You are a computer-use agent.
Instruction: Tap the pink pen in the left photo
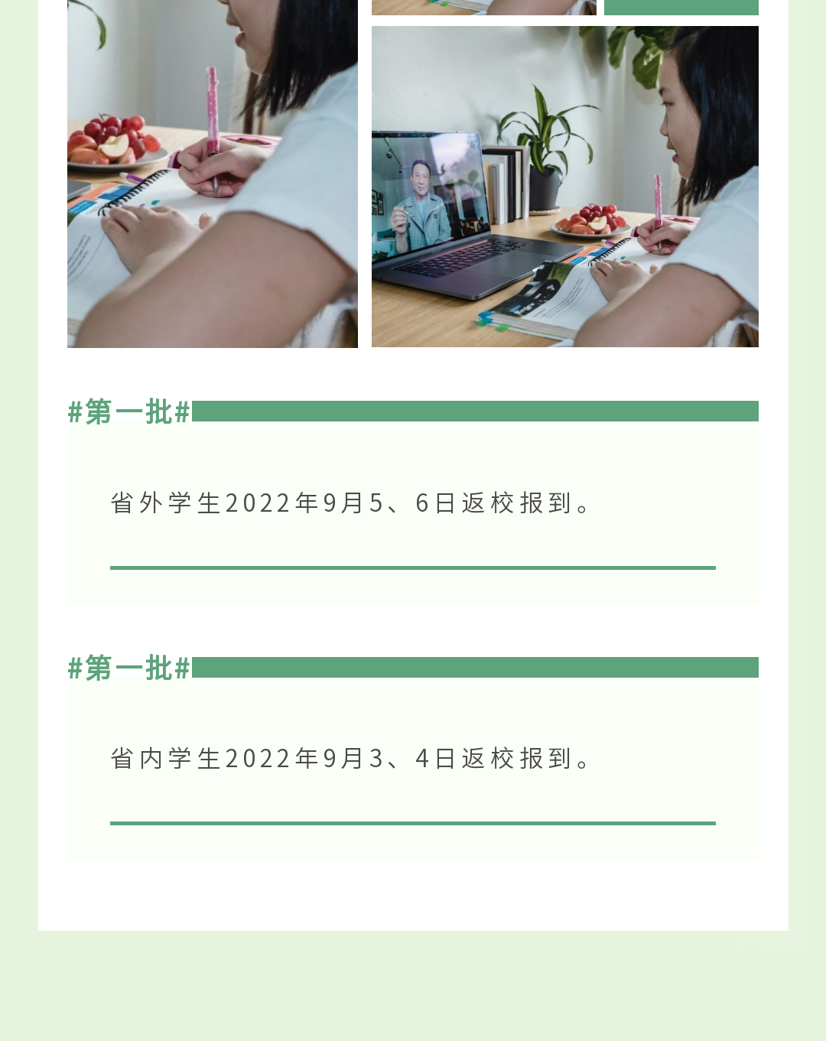point(213,129)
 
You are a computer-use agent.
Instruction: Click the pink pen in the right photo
point(658,213)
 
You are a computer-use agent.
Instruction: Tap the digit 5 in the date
point(376,503)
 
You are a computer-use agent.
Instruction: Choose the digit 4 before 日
point(422,759)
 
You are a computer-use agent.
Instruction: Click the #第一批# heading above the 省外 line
point(128,412)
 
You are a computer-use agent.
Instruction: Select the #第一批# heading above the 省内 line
point(128,668)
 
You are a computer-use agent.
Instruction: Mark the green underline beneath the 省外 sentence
point(413,568)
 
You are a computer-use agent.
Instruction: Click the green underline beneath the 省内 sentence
point(413,823)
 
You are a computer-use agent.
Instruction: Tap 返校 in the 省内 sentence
point(488,758)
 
